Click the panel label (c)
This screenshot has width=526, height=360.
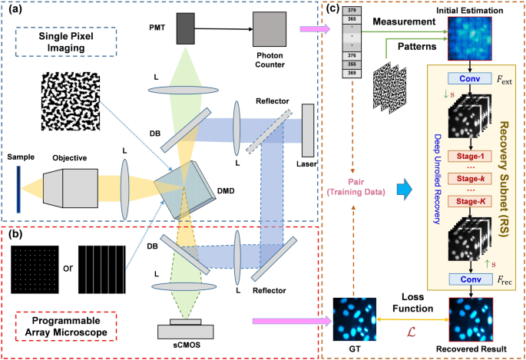click(332, 10)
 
